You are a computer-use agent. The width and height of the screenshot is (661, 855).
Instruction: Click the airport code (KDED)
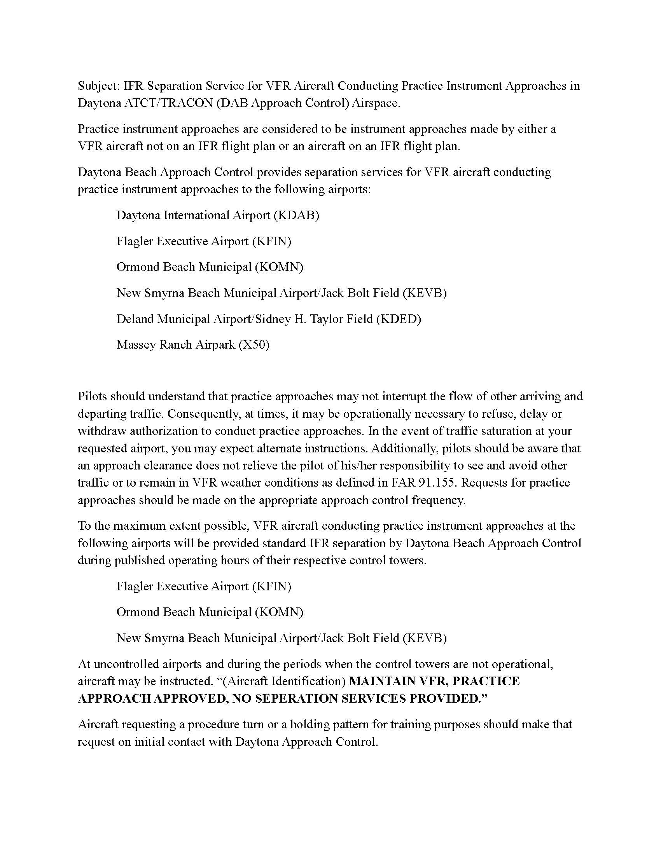pyautogui.click(x=398, y=319)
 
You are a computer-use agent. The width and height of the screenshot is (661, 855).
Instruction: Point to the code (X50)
pyautogui.click(x=254, y=345)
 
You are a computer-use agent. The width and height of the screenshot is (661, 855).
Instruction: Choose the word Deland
pyautogui.click(x=135, y=319)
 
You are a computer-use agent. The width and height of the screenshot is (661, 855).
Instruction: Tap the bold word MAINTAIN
pyautogui.click(x=382, y=682)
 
